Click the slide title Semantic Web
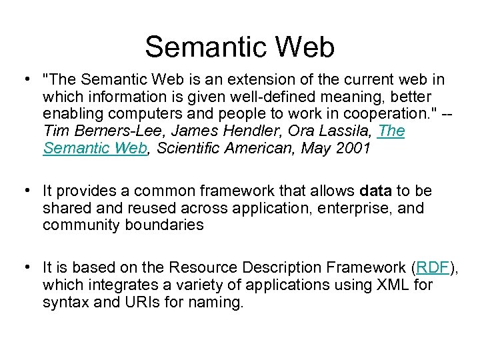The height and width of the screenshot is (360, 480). click(x=239, y=47)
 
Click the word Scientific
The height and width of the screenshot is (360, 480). click(x=193, y=149)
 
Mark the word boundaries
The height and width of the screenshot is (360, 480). click(x=164, y=225)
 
